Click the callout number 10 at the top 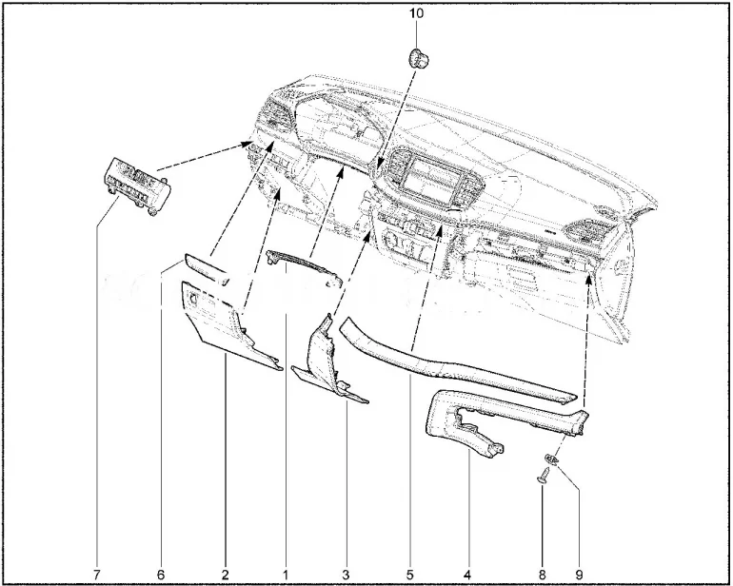[417, 13]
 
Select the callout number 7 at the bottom [97, 575]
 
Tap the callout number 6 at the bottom [161, 575]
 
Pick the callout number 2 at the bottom [225, 575]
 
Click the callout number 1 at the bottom [286, 575]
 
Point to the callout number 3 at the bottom [346, 575]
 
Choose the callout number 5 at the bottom [409, 575]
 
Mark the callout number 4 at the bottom [467, 575]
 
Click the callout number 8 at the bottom [543, 575]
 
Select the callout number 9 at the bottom [580, 575]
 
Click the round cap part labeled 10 [419, 58]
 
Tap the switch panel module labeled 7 [136, 186]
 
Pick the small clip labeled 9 [552, 459]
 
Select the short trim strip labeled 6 [207, 269]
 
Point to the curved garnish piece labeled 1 [304, 267]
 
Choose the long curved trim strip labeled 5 [456, 365]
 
